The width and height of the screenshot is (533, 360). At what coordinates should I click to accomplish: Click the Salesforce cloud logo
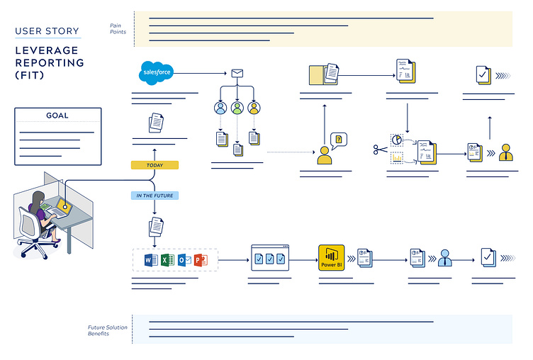click(x=156, y=72)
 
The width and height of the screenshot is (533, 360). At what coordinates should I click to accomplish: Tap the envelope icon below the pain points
click(x=237, y=73)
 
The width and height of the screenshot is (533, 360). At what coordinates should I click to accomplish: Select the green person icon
click(x=237, y=108)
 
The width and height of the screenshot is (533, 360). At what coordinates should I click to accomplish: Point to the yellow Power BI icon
click(x=331, y=259)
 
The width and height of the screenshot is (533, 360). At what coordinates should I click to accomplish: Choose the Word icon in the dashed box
click(x=150, y=260)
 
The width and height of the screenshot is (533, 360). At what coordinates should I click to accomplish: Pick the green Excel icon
click(x=167, y=260)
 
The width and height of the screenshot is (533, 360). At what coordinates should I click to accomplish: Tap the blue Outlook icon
click(x=184, y=260)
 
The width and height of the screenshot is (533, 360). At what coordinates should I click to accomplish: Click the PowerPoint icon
click(x=201, y=260)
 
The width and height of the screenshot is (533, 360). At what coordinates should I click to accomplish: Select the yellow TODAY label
click(x=155, y=165)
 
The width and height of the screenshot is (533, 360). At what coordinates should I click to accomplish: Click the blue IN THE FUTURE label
click(x=155, y=195)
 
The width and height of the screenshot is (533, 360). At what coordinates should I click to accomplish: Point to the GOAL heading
click(x=57, y=116)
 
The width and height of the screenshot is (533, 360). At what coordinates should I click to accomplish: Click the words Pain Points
click(x=118, y=28)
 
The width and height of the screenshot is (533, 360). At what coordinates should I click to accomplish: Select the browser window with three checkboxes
click(x=270, y=259)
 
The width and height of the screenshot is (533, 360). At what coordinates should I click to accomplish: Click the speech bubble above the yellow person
click(x=339, y=139)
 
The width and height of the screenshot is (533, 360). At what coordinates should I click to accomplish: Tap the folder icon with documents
click(x=324, y=74)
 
